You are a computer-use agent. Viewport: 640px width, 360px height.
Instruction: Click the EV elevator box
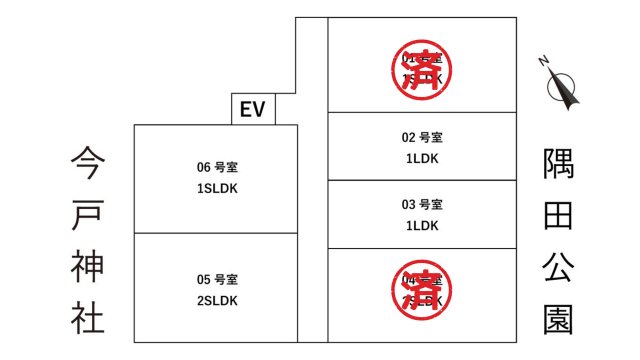252,109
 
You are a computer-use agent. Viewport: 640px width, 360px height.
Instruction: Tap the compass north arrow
565,86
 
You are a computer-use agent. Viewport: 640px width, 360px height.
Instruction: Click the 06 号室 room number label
216,167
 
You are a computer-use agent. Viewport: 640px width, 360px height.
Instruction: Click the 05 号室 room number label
216,279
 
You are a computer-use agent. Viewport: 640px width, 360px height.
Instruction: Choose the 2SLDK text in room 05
216,299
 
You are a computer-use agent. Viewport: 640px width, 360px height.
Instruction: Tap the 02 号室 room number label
422,137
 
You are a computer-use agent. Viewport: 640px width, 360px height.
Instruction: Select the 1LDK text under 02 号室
422,158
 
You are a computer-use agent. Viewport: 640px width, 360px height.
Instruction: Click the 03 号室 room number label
422,205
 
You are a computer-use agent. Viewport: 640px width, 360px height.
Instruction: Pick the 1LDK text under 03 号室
422,225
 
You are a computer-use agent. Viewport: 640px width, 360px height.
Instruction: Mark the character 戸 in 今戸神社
88,213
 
